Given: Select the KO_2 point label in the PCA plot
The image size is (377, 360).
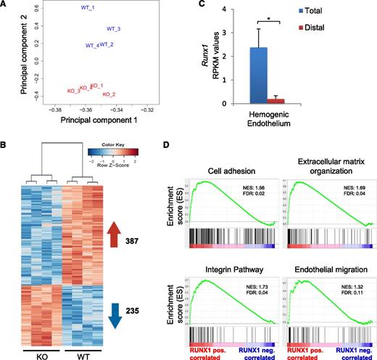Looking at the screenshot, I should pos(109,94).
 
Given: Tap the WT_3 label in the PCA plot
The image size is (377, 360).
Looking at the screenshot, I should pos(113,29).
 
